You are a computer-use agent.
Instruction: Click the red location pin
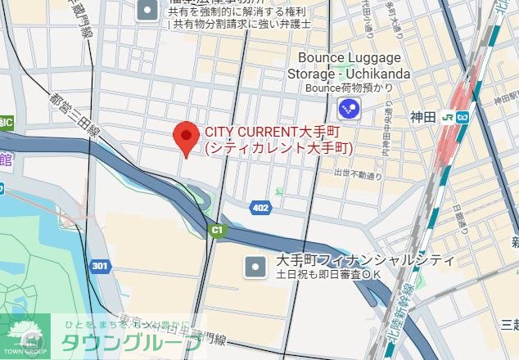coord(187,137)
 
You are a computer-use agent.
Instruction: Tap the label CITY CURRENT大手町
coord(272,132)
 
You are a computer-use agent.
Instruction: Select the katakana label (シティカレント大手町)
coord(278,148)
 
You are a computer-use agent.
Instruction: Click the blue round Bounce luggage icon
coord(350,107)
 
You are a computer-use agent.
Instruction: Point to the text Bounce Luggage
coord(350,58)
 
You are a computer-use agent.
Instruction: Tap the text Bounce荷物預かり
coord(350,88)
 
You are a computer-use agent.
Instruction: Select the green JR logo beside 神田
coord(449,117)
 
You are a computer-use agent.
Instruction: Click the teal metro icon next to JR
coord(463,117)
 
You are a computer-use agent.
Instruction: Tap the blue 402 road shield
coord(260,208)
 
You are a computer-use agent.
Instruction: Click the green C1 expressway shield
coord(216,231)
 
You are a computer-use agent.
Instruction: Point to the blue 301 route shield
coord(100,266)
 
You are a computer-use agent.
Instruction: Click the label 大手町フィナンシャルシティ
coord(364,260)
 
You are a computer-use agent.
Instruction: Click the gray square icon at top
coord(147,11)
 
